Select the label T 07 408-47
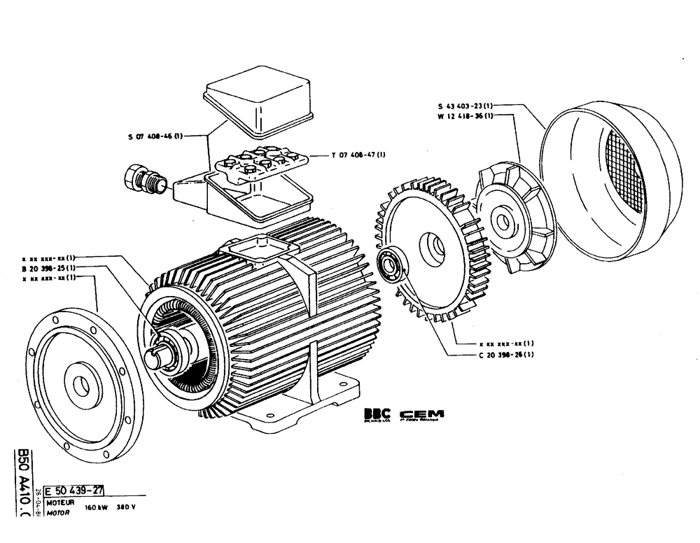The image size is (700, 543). coord(358,155)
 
